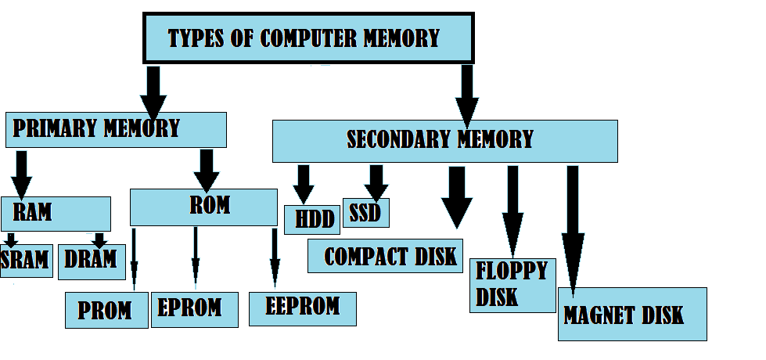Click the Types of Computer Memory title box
(308, 38)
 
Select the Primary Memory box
(116, 129)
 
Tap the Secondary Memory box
(444, 141)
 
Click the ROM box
(203, 207)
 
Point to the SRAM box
(26, 261)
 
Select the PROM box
(106, 310)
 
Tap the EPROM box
(194, 308)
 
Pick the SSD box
(365, 213)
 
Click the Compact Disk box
(385, 256)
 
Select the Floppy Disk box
(512, 285)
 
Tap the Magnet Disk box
(632, 314)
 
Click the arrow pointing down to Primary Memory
(153, 90)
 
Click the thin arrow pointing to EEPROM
(275, 257)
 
